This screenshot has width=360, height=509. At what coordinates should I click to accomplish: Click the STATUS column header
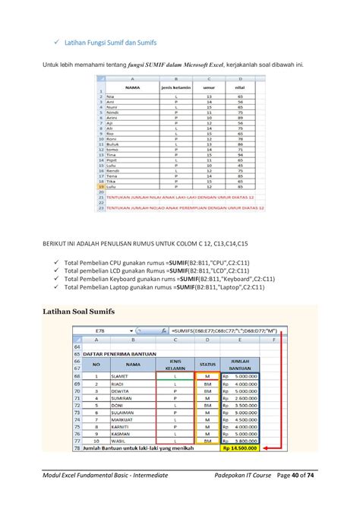point(207,365)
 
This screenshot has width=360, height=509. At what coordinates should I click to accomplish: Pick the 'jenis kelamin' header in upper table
point(175,87)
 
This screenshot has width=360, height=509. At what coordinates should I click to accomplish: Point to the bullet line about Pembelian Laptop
point(156,288)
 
